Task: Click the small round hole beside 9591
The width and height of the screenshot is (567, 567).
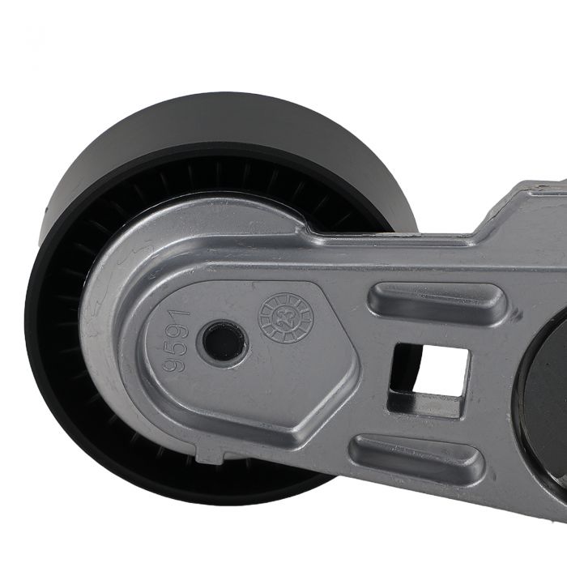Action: tap(223, 341)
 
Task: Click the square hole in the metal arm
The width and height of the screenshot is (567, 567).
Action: tap(429, 369)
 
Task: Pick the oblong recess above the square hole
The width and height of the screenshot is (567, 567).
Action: tap(437, 301)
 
